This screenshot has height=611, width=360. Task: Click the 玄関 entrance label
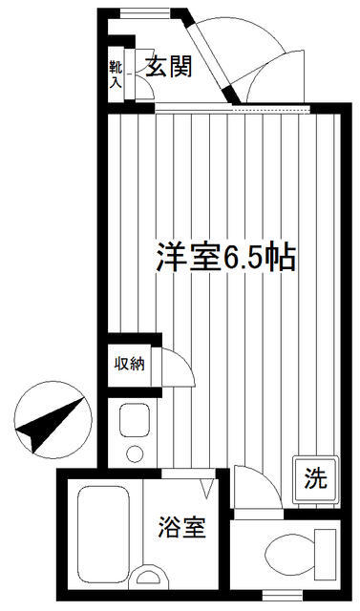click(169, 67)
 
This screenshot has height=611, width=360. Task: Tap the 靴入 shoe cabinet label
click(116, 74)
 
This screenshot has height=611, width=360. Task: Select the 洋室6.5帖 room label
click(226, 257)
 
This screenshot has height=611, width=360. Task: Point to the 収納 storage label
click(129, 364)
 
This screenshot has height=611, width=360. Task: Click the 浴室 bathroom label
click(182, 527)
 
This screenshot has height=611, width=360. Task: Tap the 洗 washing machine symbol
click(315, 479)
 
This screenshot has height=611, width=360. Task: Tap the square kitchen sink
click(135, 420)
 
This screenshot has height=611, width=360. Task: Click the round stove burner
click(135, 453)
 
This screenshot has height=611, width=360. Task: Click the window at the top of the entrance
click(145, 13)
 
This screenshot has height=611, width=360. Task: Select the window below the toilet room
click(282, 596)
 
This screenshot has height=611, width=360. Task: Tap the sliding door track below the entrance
click(233, 109)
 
